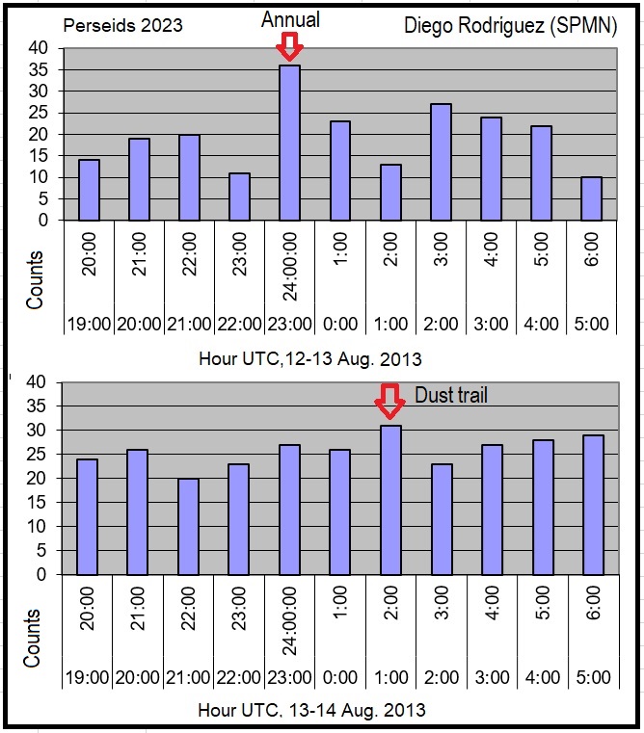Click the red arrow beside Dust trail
389,401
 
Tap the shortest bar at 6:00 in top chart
591,198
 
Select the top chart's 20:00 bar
89,190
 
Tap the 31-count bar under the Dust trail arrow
389,500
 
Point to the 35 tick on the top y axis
38,69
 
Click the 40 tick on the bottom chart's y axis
38,381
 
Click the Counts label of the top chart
36,280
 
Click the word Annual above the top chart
289,18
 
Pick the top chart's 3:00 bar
441,162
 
